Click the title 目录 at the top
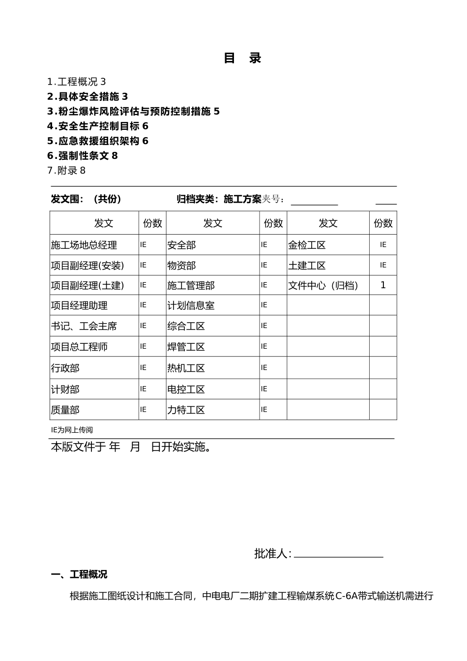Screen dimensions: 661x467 coord(242,58)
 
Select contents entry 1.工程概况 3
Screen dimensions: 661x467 coord(76,82)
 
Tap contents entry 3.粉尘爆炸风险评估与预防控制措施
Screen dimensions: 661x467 coord(133,111)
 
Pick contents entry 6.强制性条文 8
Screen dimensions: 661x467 coord(82,155)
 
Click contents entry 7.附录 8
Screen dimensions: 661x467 coord(66,170)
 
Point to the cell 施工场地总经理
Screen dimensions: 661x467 coord(84,245)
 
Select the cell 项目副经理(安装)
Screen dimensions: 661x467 coord(88,266)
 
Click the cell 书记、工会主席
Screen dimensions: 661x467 coord(84,326)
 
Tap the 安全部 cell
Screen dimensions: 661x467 coord(181,245)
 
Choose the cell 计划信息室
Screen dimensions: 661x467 coord(191,305)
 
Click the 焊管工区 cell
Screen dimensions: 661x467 coord(186,347)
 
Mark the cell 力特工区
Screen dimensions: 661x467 coord(186,410)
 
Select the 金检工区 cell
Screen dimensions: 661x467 coord(307,245)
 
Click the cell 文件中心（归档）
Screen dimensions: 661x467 coord(323,285)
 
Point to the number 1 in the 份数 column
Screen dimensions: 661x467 coord(383,285)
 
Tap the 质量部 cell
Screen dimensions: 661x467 coord(65,410)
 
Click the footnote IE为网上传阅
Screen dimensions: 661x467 coord(72,430)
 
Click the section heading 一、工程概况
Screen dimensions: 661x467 coord(79,574)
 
